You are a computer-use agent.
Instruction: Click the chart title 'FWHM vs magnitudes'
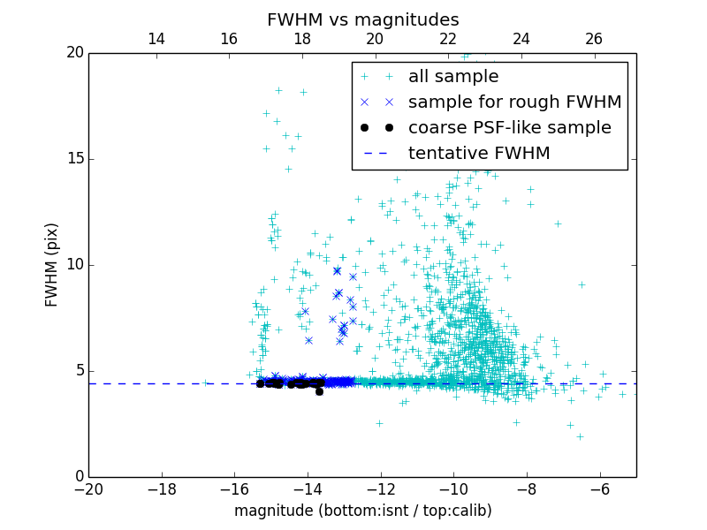tap(362, 19)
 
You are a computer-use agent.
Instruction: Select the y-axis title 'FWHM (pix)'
tap(52, 264)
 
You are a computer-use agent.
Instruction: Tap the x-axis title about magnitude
tap(362, 511)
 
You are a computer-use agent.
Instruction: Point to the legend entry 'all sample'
tap(453, 77)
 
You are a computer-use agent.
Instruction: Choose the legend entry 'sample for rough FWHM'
tap(514, 102)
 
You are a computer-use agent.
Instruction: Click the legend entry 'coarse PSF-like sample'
tap(509, 128)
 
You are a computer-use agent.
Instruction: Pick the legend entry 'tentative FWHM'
tap(479, 154)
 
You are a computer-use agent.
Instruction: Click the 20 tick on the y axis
tap(73, 53)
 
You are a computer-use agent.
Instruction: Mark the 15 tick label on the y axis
tap(73, 159)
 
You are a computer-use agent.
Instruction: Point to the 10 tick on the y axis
tap(73, 265)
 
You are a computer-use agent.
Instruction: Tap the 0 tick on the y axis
tap(78, 477)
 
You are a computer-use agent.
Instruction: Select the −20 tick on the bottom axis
tap(88, 488)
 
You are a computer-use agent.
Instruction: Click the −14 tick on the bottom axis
tap(308, 488)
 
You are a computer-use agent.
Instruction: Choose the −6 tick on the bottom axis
tap(600, 488)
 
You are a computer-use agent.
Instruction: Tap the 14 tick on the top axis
tap(156, 39)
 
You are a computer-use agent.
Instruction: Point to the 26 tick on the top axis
tap(594, 39)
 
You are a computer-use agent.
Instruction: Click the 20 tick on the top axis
tap(375, 39)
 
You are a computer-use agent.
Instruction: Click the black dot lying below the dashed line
tap(319, 391)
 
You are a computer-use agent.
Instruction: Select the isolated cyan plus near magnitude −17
tap(206, 382)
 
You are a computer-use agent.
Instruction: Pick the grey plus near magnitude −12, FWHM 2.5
tap(379, 423)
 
